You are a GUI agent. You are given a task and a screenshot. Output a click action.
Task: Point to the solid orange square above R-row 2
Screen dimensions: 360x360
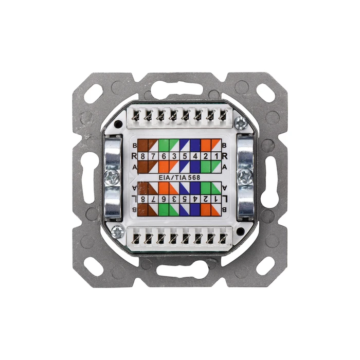(206, 145)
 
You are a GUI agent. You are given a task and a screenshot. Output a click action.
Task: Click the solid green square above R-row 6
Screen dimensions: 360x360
(161, 145)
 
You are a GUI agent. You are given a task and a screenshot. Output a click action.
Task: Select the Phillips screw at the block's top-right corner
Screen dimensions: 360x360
(239, 123)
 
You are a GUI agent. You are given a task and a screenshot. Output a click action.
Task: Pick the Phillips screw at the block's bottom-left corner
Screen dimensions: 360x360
(117, 231)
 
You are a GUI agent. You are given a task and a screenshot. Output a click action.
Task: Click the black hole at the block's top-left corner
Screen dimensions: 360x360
(118, 124)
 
